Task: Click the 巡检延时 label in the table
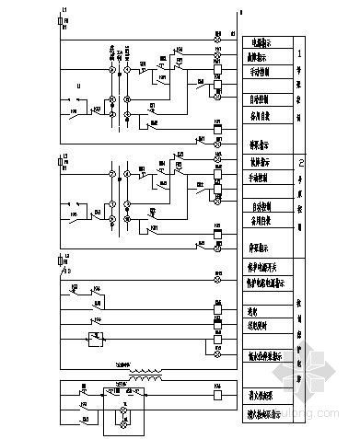click(263, 324)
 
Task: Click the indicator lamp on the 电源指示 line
click(218, 43)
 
